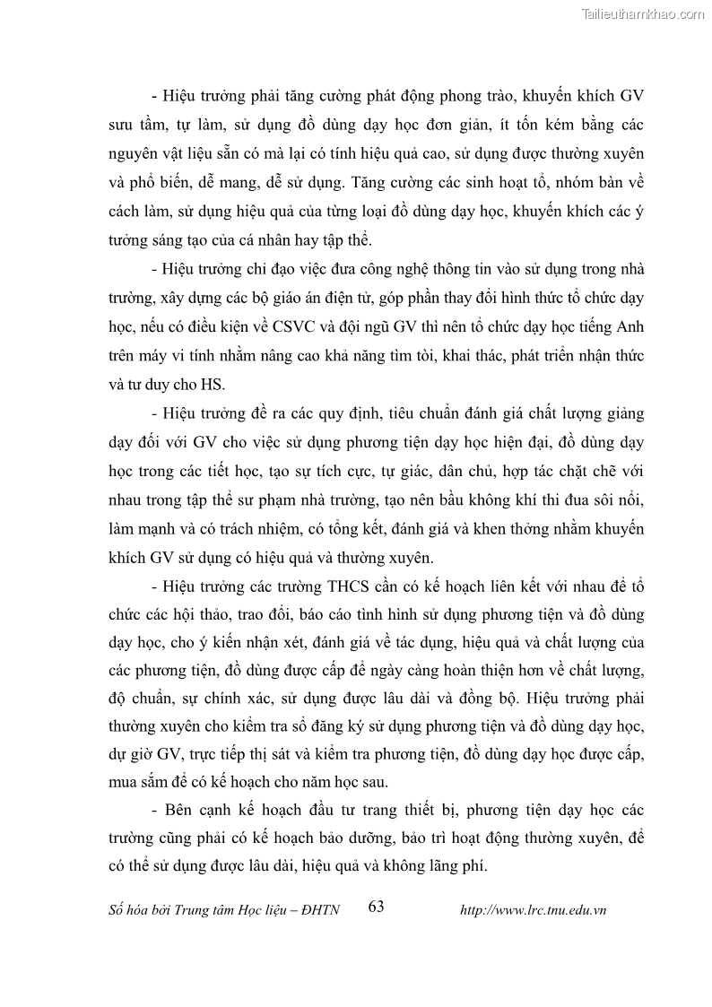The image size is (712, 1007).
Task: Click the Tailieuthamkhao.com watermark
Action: click(643, 13)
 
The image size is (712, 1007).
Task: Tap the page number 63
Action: click(376, 907)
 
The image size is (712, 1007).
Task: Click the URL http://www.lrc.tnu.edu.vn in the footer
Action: click(533, 909)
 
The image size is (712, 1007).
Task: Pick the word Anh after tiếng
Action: click(630, 326)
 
